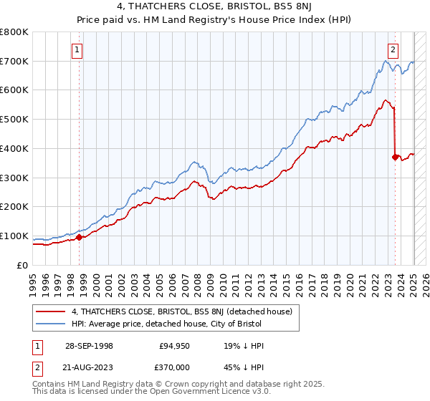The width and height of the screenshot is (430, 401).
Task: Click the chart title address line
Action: [215, 7]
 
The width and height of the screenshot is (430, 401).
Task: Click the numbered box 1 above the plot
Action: [77, 49]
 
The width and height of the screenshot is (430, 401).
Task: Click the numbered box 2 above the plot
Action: [393, 49]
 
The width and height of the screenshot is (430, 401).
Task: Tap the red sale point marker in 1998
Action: [79, 237]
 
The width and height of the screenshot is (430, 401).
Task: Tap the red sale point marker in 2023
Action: [395, 157]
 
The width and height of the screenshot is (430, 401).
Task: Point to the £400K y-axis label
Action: [16, 148]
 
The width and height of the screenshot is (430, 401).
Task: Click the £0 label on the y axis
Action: [23, 265]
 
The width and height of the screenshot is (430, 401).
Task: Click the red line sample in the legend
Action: [50, 312]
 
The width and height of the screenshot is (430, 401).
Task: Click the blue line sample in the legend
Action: [50, 325]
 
